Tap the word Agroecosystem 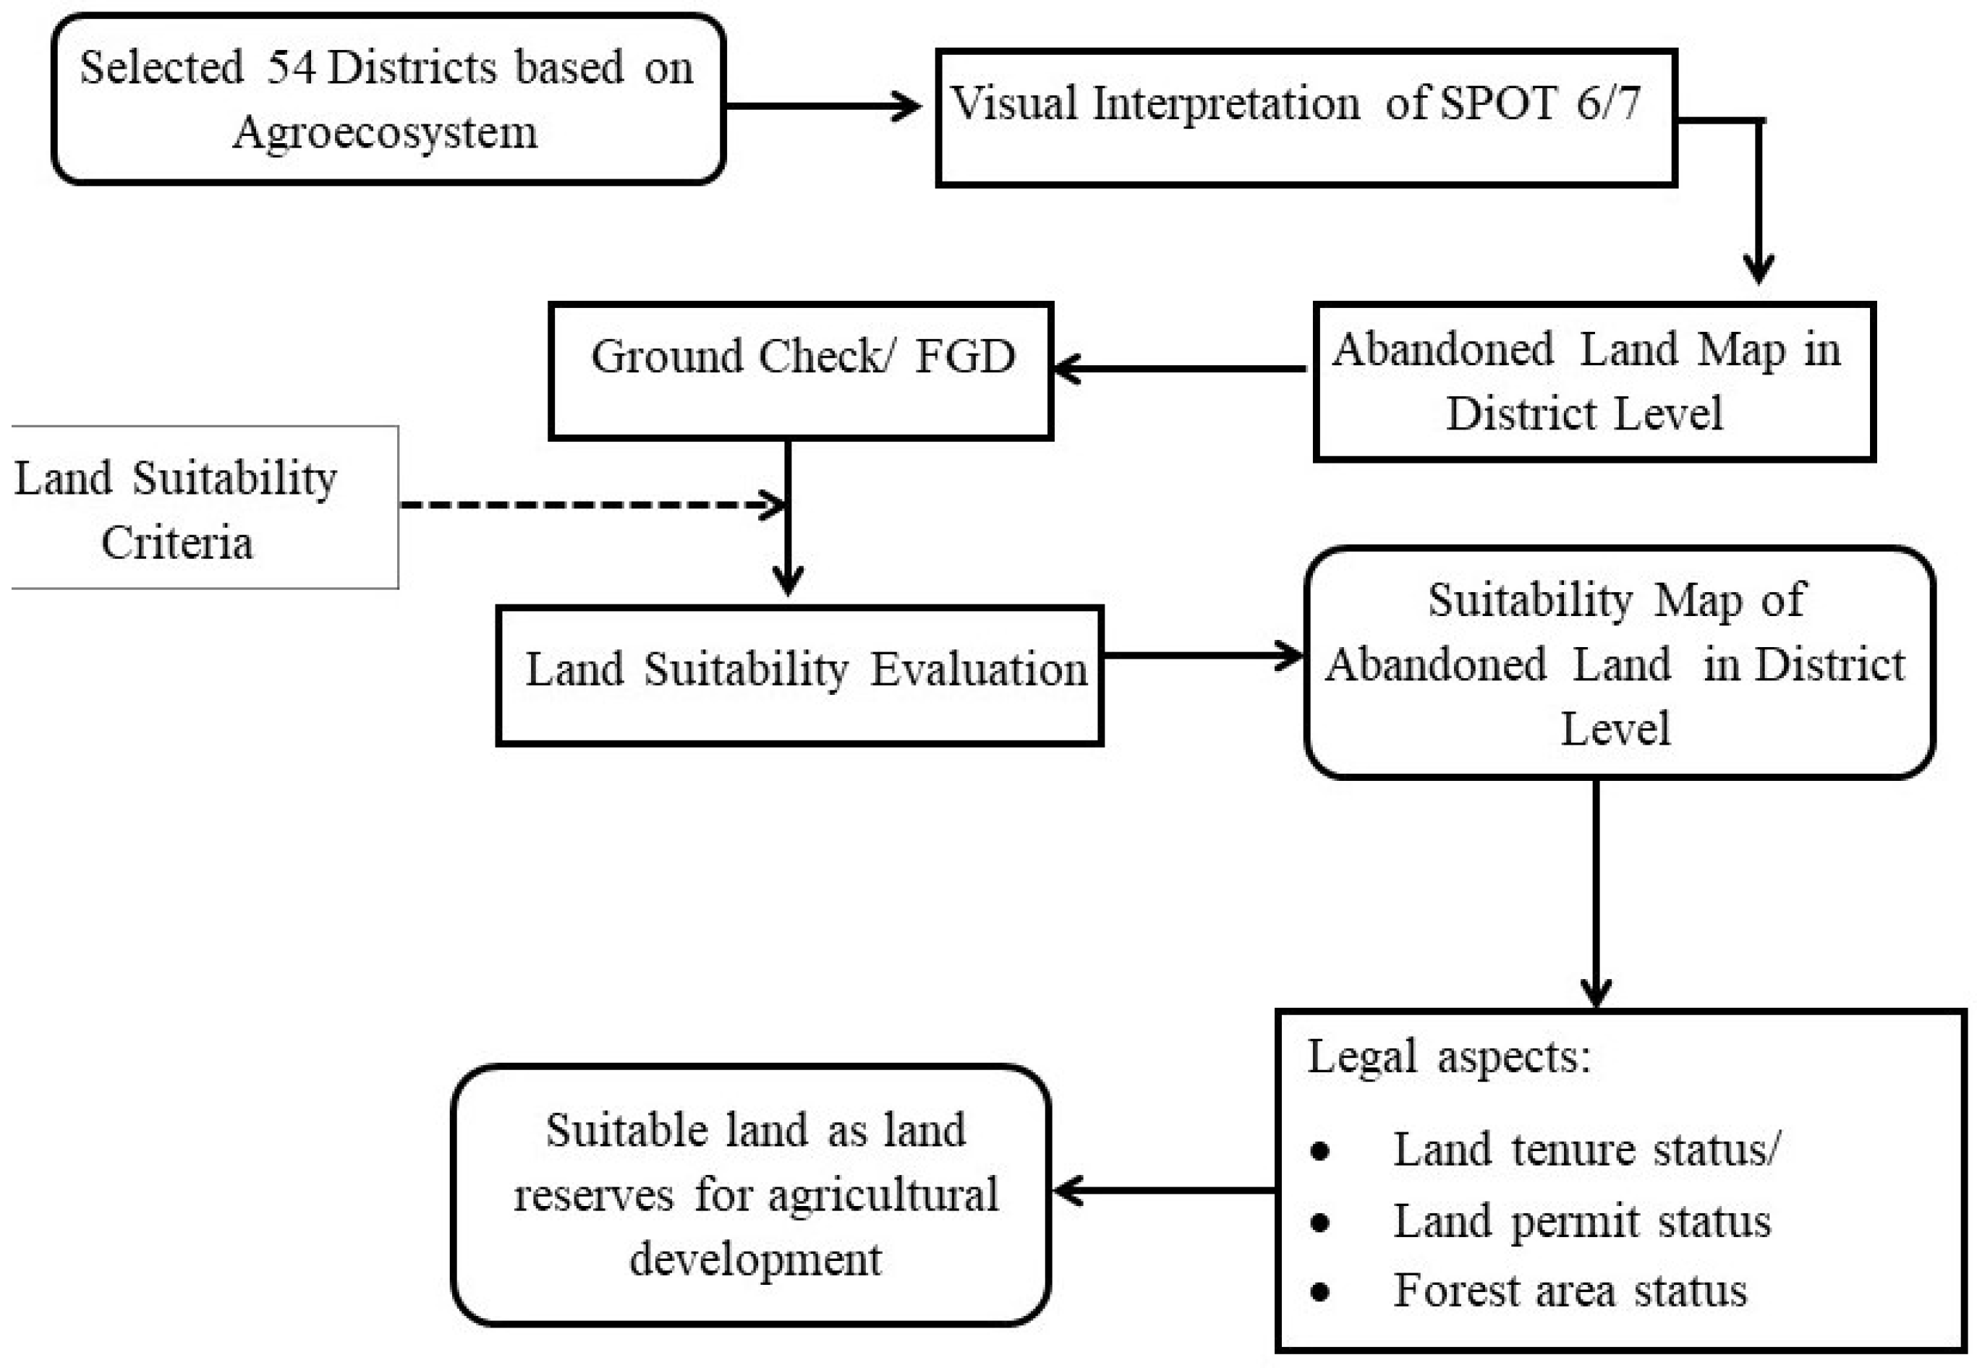[x=385, y=133]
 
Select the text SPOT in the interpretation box [x=1497, y=103]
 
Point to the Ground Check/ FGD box [x=801, y=370]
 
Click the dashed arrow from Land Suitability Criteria [x=592, y=505]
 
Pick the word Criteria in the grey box [x=177, y=542]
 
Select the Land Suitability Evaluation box [x=799, y=675]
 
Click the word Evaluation [x=978, y=670]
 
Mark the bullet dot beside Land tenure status [x=1320, y=1151]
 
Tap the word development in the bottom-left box [x=754, y=1259]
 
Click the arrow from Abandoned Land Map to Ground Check [x=1180, y=369]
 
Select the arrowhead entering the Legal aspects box [x=1596, y=993]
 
